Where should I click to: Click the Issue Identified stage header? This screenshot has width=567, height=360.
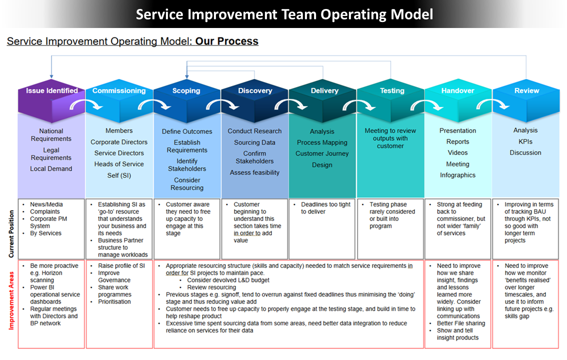[x=51, y=91]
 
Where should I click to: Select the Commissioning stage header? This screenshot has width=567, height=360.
[x=119, y=91]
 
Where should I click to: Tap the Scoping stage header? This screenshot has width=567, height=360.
[x=186, y=91]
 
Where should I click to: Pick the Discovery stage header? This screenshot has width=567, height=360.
[x=254, y=91]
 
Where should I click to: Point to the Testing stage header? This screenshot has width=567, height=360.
[x=391, y=91]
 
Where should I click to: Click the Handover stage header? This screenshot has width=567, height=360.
[x=457, y=91]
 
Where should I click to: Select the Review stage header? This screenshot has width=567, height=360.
[x=526, y=91]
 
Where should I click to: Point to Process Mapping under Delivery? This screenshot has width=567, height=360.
[x=322, y=142]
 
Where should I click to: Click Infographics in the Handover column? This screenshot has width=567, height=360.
[x=457, y=175]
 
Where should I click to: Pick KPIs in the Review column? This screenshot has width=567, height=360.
[x=525, y=141]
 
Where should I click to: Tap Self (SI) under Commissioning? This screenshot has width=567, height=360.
[x=119, y=175]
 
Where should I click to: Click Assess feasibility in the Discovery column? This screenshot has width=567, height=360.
[x=254, y=172]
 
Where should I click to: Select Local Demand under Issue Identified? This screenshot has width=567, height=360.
[x=51, y=168]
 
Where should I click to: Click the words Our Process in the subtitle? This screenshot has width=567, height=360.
[x=226, y=41]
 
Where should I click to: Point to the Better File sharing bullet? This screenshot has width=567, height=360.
[x=461, y=323]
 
